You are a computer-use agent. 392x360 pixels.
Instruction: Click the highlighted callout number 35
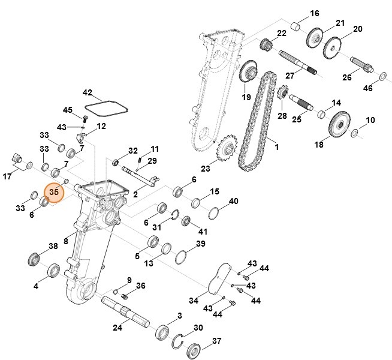coord(54,193)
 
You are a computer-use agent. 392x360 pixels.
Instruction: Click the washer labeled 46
coord(382,76)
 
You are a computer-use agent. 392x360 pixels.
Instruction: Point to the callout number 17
coord(7,176)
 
